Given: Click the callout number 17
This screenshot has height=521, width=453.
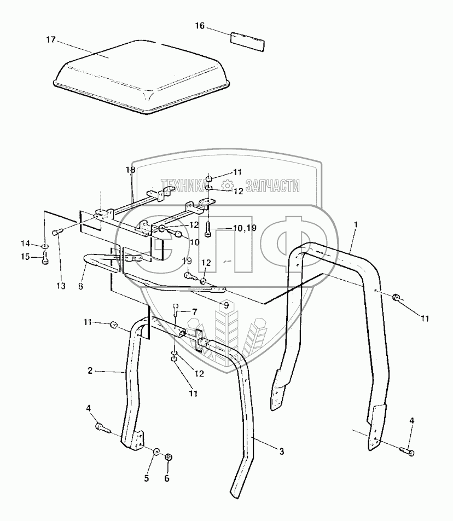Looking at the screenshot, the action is (51, 39).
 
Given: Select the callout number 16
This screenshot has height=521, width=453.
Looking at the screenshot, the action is (201, 25).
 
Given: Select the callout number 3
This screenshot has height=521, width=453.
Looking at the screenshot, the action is (281, 451).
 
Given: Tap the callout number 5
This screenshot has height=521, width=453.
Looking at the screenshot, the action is (146, 478).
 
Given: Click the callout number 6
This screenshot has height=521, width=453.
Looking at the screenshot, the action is (167, 478).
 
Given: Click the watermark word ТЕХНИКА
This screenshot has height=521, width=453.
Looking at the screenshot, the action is (184, 186).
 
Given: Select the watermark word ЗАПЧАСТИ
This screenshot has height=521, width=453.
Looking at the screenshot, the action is (273, 186).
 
